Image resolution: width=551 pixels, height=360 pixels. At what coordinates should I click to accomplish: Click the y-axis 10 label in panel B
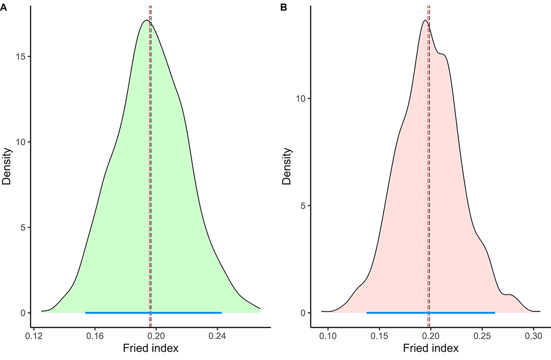coord(302,99)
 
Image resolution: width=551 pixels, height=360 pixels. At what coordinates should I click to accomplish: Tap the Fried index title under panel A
coord(150,349)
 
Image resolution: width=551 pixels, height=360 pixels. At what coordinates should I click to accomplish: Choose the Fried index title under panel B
coord(430,349)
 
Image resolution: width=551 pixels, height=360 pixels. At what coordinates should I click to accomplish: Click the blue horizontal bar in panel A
coord(153,313)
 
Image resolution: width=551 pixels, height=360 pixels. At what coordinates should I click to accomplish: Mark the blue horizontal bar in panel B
coord(431,313)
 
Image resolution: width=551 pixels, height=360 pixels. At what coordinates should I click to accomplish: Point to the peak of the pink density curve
coord(425,20)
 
